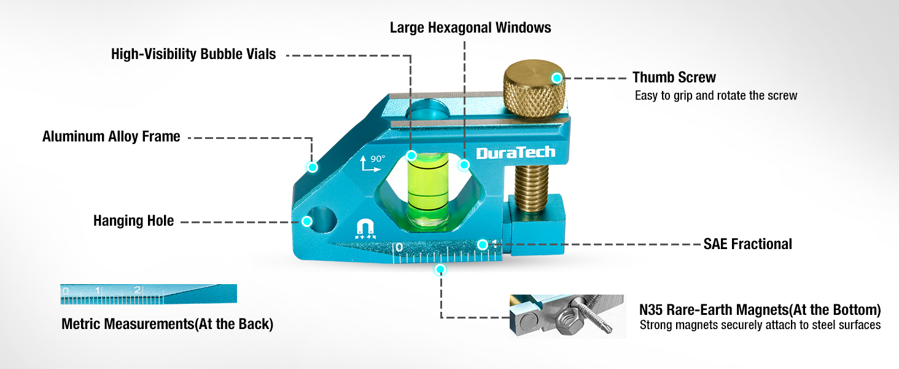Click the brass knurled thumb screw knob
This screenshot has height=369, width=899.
point(534,89)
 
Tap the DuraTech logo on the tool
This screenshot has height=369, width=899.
point(516,153)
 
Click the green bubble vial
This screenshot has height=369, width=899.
point(428,192)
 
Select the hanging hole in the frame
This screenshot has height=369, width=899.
point(322,220)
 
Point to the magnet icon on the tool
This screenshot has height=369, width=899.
point(365,229)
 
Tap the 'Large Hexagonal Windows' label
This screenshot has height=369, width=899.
point(470,28)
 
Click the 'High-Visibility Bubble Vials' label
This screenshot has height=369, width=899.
point(193,54)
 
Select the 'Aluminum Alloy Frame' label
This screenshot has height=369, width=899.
point(111,137)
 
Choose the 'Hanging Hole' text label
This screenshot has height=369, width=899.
point(134,221)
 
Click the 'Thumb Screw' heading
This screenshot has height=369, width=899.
point(674,77)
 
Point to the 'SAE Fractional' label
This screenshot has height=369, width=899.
point(748,244)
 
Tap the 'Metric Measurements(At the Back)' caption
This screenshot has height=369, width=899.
point(168,324)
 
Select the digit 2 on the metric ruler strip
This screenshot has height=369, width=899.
point(138,290)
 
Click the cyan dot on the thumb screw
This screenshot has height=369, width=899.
point(557,78)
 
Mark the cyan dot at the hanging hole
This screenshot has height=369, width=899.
point(307,221)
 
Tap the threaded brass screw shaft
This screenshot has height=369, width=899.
point(532,188)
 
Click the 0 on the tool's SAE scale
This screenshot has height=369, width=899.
point(399,247)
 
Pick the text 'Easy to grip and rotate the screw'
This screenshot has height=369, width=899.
point(716,96)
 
